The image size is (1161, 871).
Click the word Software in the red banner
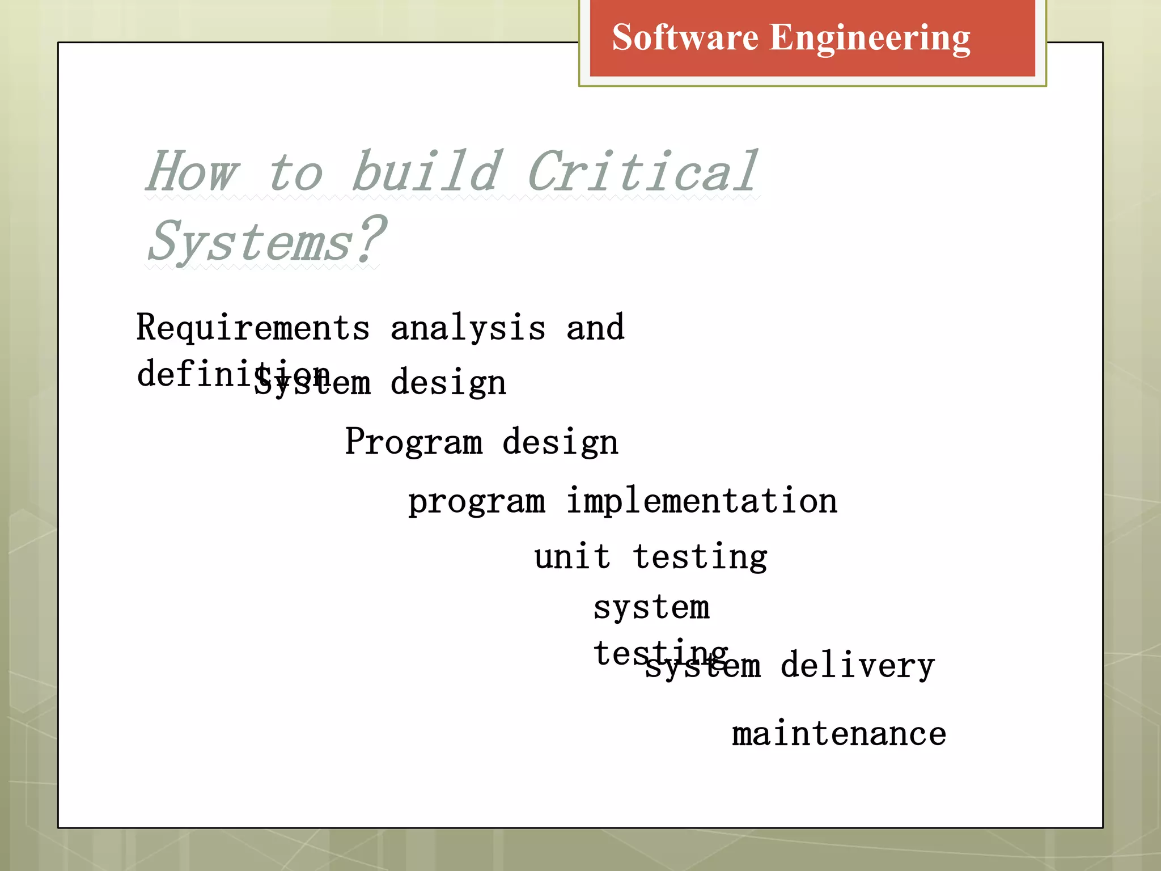pos(685,38)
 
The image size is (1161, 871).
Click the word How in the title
pos(192,172)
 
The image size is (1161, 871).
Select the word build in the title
pos(426,171)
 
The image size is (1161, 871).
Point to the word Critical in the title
pos(642,171)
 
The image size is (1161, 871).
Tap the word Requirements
pos(253,328)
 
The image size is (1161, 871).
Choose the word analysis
pos(468,328)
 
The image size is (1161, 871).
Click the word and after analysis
pos(595,328)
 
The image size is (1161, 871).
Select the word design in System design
pos(448,383)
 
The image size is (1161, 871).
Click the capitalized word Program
pos(414,442)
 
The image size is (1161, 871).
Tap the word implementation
pos(702,501)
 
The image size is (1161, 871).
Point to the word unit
pos(572,557)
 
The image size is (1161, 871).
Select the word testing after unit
pos(700,558)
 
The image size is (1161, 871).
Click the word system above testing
pos(651,608)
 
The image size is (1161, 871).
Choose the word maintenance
pos(839,734)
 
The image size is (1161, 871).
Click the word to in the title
pos(296,172)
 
